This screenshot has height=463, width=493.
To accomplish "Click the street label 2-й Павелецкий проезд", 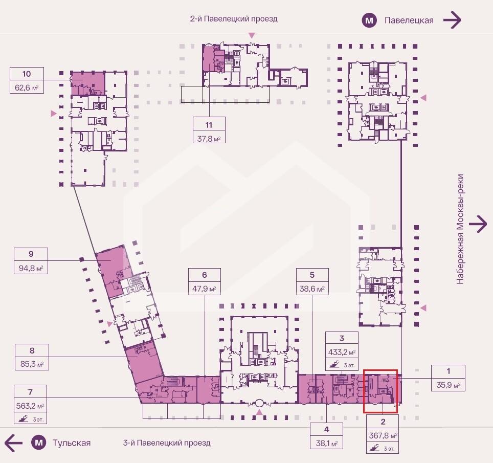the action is coord(234,19).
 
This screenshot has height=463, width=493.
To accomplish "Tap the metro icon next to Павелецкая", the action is coord(369,21).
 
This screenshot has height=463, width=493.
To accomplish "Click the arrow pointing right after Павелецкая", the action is coord(452,20).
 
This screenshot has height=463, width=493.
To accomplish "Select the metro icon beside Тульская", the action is coord(39,443).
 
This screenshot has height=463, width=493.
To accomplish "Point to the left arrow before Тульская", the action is coord(13,443).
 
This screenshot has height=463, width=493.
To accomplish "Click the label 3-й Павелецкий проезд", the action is coord(167,443).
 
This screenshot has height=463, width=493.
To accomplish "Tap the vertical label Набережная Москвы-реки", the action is coord(460,229).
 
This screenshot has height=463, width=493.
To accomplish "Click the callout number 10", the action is coord(27,74).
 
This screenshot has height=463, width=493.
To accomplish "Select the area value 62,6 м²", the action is coord(27,87).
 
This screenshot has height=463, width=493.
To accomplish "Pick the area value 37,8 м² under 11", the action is coord(209,139).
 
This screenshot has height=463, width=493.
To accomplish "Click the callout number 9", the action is coord(31,254).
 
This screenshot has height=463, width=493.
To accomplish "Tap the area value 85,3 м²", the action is coord(32,364).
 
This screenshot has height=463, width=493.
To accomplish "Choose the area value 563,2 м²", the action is coord(30,406).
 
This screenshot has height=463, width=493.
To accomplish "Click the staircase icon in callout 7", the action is coord(23,418).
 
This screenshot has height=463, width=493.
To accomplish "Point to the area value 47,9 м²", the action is coord(205,289).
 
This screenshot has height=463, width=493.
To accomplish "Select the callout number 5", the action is coord(312,275).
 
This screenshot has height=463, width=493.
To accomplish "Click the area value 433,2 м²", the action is coord(342,352).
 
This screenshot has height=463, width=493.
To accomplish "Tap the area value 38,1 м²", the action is coord(327,443).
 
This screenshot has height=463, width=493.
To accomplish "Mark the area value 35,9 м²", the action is coord(449,385).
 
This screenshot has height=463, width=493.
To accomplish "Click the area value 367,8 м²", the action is coord(383,436).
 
